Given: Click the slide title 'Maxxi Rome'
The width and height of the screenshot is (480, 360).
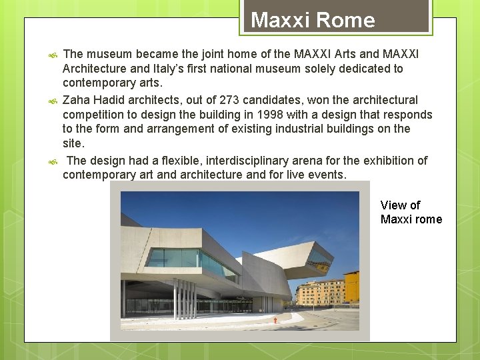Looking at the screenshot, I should [x=313, y=20].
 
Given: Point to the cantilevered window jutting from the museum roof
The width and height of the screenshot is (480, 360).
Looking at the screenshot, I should [x=319, y=258].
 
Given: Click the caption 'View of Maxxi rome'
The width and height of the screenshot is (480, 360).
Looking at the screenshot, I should [x=411, y=212].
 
